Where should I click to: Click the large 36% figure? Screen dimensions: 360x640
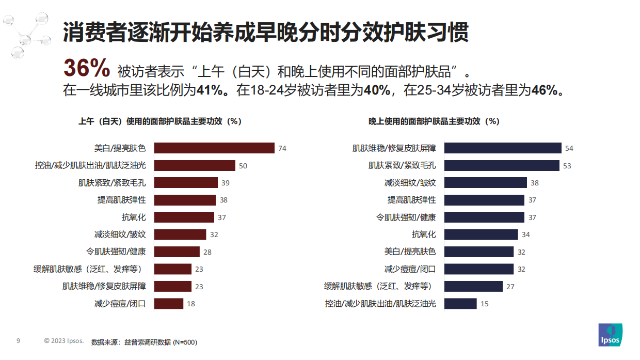[86, 68]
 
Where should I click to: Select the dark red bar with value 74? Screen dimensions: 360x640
[214, 148]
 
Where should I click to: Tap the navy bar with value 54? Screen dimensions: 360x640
[503, 148]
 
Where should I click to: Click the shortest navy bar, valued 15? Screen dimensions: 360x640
[460, 304]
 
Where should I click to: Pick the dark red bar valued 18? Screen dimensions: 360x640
[169, 304]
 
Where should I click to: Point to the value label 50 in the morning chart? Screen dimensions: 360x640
[243, 166]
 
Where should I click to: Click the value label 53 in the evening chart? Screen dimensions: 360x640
[567, 166]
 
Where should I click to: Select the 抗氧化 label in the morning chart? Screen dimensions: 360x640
[134, 217]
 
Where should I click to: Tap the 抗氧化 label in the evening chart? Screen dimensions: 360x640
[423, 234]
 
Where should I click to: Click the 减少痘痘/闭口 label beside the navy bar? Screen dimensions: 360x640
[410, 269]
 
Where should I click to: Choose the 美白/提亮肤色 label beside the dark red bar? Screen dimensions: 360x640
[120, 148]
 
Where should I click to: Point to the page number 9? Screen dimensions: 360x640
[18, 341]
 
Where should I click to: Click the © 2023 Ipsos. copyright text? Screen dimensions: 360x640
[63, 341]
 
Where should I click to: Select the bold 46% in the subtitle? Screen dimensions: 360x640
[546, 90]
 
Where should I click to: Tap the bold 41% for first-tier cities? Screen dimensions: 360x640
[210, 90]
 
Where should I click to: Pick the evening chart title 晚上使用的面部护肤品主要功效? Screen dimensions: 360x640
[434, 121]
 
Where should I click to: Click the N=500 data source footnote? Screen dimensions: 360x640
[144, 342]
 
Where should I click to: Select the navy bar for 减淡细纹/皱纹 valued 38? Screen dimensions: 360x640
[486, 183]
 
